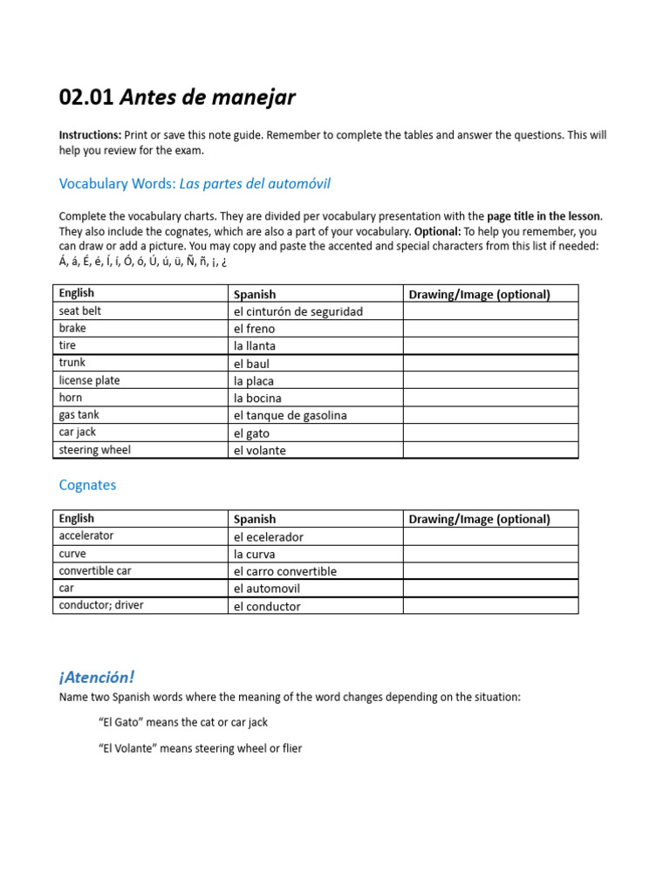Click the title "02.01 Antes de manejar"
(177, 98)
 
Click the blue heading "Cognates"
(87, 485)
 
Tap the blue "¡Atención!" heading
(97, 677)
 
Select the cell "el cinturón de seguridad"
(297, 311)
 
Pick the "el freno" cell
(254, 329)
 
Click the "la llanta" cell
(255, 346)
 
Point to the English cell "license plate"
(90, 380)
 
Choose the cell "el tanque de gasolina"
(290, 415)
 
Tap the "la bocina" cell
(257, 398)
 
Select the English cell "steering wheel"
(95, 450)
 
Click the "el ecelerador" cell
(269, 536)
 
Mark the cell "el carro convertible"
(284, 571)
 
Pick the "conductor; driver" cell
(101, 605)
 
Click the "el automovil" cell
(267, 589)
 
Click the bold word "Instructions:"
(90, 135)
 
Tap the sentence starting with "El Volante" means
(201, 748)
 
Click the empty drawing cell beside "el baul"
(489, 363)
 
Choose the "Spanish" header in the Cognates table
(255, 519)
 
